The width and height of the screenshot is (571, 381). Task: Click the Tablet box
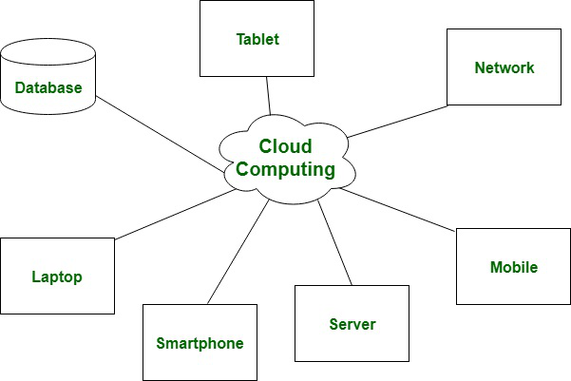(x=257, y=38)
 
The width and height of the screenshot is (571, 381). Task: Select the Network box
(x=504, y=67)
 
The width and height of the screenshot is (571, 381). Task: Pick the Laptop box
(x=57, y=276)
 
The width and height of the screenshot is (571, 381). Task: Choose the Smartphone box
(x=200, y=342)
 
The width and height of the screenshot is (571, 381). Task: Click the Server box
(x=352, y=323)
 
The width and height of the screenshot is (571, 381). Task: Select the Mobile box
(x=513, y=266)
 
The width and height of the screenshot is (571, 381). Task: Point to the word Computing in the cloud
(x=286, y=171)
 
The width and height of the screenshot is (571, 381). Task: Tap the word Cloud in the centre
(x=285, y=147)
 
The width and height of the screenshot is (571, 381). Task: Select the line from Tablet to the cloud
(x=270, y=96)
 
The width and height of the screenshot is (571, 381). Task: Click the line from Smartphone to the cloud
(x=238, y=252)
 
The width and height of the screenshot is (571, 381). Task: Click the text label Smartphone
(x=200, y=344)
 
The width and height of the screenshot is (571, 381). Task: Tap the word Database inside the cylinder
(x=48, y=88)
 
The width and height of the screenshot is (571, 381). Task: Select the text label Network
(x=504, y=67)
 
